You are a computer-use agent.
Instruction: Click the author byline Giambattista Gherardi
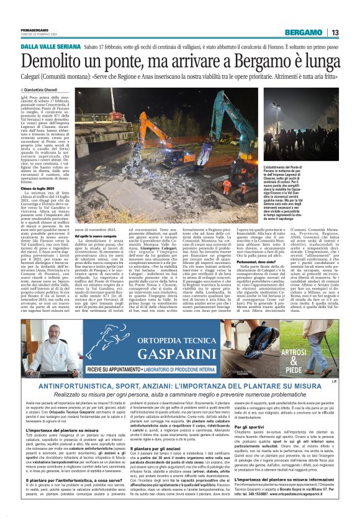pos(45,89)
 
